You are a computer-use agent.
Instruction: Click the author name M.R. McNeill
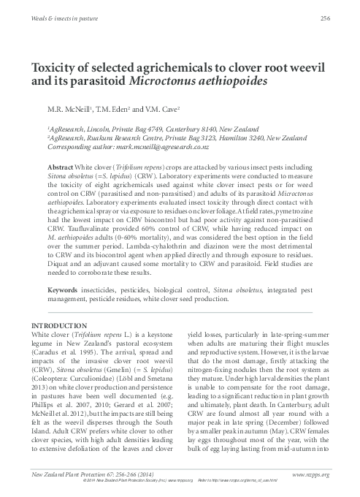[72, 110]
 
